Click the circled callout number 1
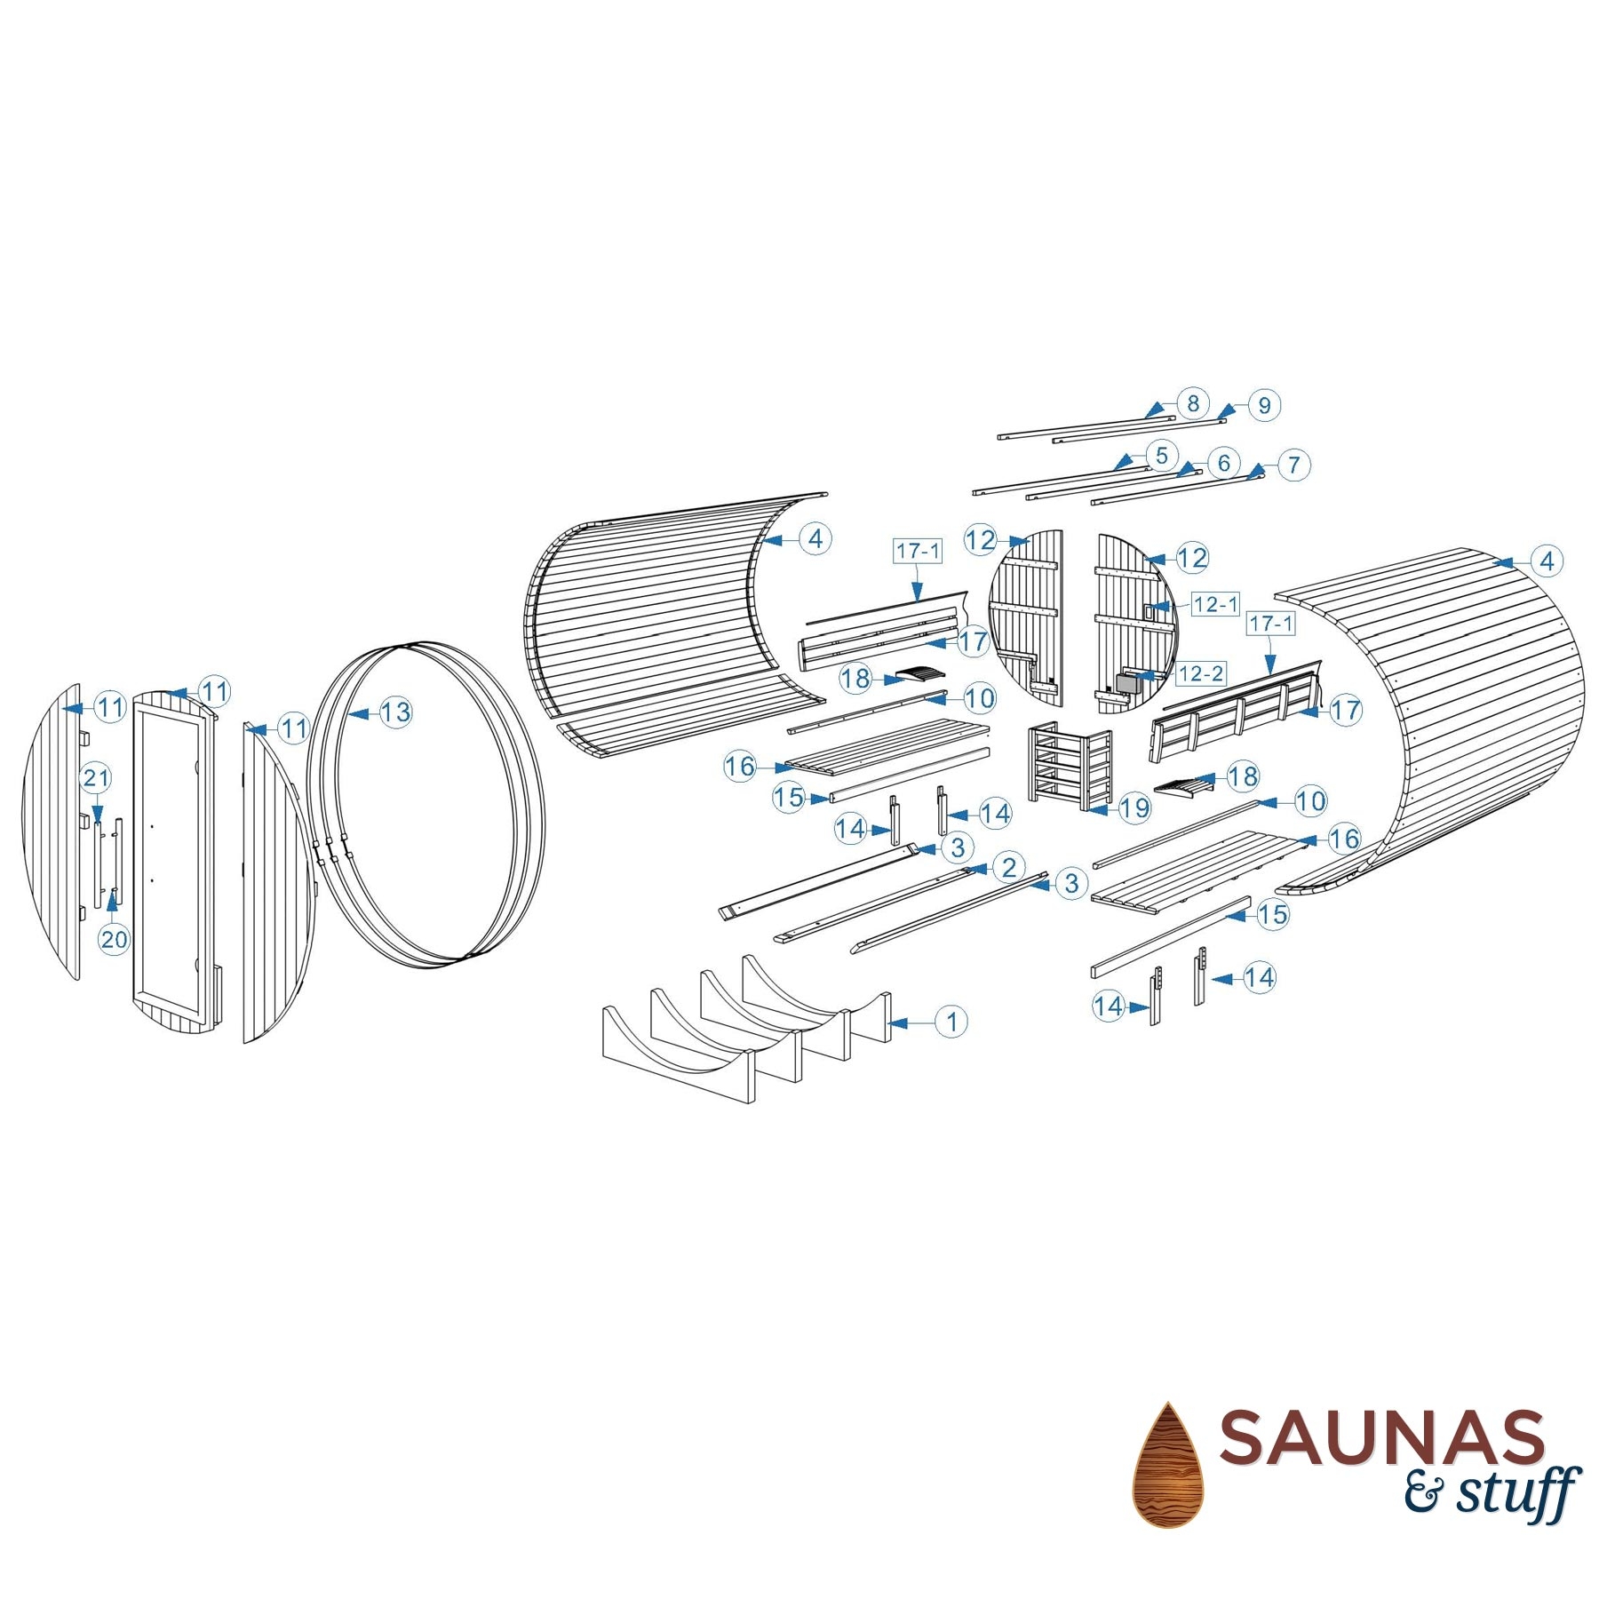[951, 1022]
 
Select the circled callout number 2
[1008, 867]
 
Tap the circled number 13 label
[395, 712]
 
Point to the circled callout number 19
[1134, 807]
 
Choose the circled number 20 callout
[114, 939]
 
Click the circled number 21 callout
[96, 778]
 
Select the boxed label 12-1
[1215, 605]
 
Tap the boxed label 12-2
[1201, 674]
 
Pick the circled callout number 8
[1193, 403]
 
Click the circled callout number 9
[1264, 405]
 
